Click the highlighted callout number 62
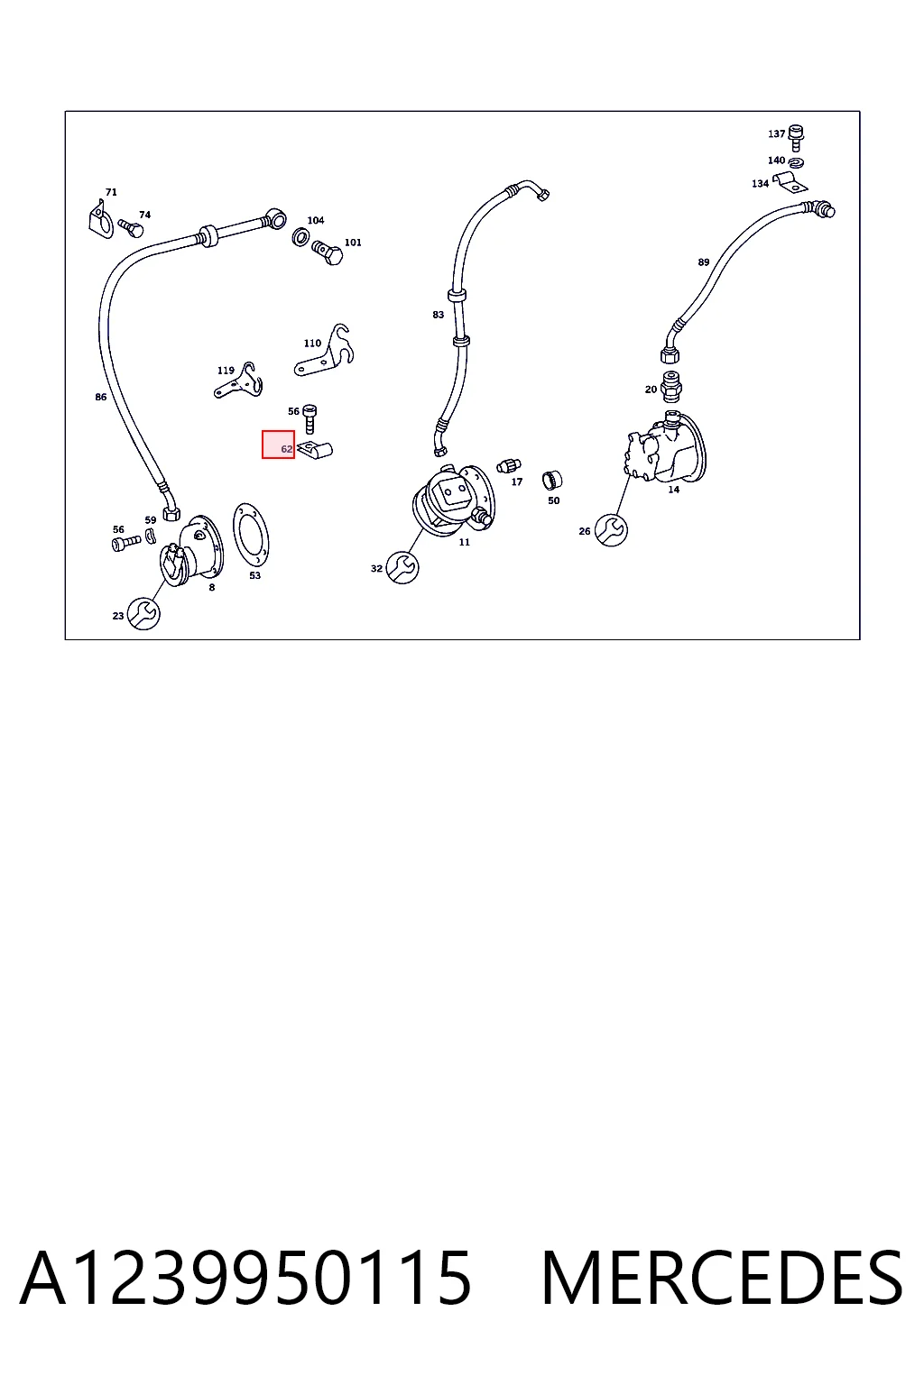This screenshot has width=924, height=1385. (x=287, y=449)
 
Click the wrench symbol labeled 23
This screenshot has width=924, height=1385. (x=143, y=613)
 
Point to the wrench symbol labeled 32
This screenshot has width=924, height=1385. (x=402, y=567)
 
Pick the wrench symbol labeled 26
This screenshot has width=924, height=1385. (x=611, y=530)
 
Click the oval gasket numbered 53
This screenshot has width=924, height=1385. (x=251, y=534)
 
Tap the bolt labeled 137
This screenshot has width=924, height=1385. (x=796, y=138)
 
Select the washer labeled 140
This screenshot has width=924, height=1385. (x=797, y=162)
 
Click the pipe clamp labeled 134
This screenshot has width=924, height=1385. (x=790, y=182)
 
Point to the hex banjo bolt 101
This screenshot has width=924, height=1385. (x=328, y=252)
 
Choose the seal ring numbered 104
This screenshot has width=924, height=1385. (x=300, y=236)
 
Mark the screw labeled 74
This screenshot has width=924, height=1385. (x=131, y=228)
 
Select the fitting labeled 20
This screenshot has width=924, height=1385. (x=671, y=386)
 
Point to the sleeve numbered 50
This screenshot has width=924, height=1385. (x=552, y=480)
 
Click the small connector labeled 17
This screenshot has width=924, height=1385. (x=509, y=465)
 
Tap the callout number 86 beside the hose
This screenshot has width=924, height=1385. (x=101, y=397)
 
